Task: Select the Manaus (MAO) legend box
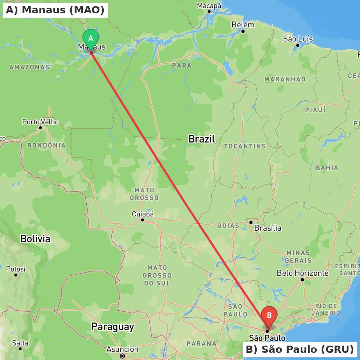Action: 55,10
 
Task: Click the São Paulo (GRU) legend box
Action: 300,349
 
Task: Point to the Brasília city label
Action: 268,228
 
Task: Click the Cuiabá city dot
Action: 143,220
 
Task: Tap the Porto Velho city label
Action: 40,122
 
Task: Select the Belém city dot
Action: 243,31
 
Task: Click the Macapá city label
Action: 209,5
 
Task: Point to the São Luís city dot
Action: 298,45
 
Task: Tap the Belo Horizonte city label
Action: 302,273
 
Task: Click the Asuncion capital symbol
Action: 122,356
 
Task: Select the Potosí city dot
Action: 16,275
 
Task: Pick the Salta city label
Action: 20,343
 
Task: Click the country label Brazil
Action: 202,139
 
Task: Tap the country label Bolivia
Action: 35,239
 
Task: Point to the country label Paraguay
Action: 112,327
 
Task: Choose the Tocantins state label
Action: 245,146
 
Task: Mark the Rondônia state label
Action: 46,145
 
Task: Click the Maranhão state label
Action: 285,79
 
